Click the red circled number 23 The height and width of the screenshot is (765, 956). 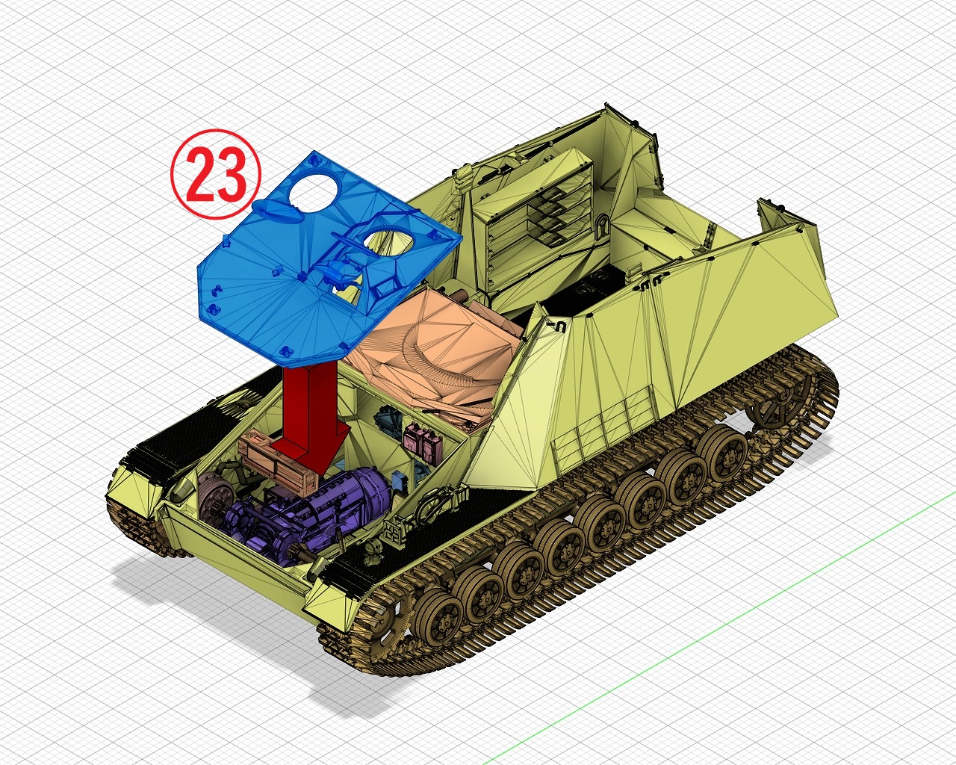coord(216,174)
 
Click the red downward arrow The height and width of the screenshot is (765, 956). coord(311,418)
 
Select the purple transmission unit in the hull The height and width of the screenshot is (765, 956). coord(306,511)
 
